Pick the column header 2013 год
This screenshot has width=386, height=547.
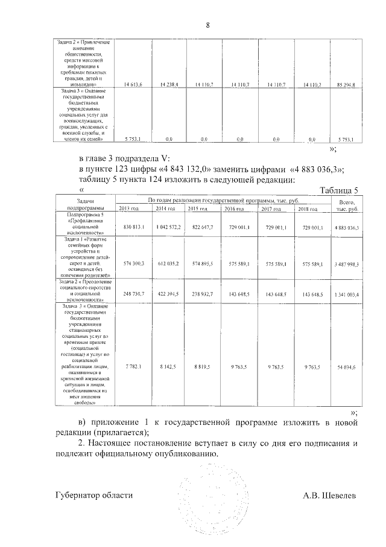pos(131,209)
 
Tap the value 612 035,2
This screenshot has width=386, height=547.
pos(168,264)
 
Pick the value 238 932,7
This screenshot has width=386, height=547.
pos(203,293)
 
